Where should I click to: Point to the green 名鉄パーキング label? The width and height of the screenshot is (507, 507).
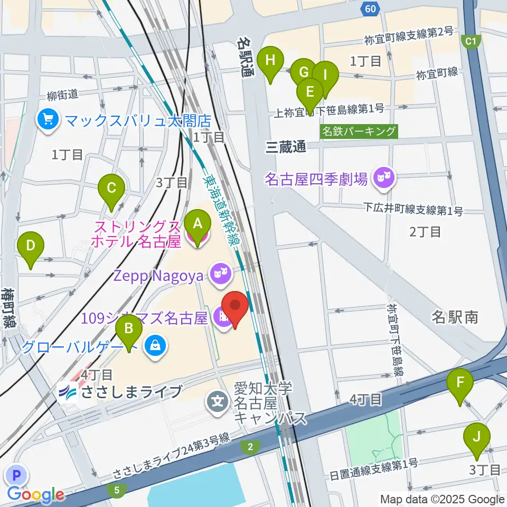[359, 131]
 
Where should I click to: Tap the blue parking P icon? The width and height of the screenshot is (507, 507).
[17, 475]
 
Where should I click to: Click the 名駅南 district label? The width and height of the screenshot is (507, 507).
[455, 317]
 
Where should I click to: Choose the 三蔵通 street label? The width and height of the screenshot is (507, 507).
[286, 147]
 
